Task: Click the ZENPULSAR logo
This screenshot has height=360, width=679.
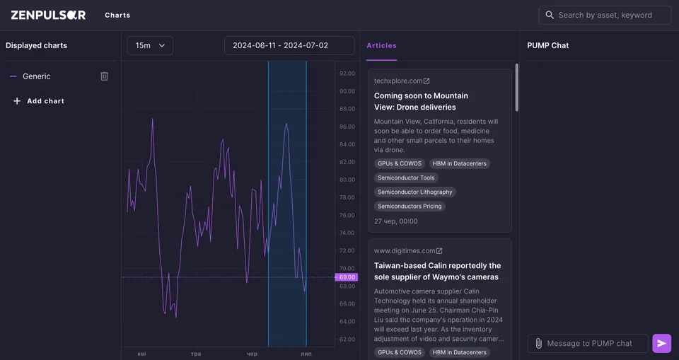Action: click(x=49, y=15)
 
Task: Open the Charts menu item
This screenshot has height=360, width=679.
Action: click(x=117, y=15)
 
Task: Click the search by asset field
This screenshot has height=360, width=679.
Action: click(x=605, y=15)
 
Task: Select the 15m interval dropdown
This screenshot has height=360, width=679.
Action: click(x=150, y=45)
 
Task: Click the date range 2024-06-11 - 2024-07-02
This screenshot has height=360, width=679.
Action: click(x=289, y=45)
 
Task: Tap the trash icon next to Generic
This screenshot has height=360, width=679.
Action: click(x=105, y=76)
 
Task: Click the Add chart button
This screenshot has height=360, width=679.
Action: click(x=39, y=101)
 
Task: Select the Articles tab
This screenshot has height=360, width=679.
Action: click(x=381, y=45)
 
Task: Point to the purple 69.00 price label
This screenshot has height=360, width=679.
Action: click(x=347, y=277)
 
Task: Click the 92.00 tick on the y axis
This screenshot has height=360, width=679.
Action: click(x=347, y=74)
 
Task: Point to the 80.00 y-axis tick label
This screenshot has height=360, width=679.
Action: click(x=347, y=180)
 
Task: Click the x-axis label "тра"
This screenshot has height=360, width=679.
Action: click(x=196, y=354)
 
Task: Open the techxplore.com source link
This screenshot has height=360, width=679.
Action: click(x=402, y=81)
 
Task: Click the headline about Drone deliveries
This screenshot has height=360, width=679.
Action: click(x=421, y=101)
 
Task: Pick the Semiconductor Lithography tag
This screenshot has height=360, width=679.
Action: click(x=415, y=192)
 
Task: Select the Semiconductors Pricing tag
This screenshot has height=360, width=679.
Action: click(x=410, y=207)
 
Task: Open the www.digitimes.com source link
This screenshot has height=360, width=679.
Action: click(x=408, y=251)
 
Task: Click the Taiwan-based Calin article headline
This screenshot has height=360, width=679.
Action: click(x=437, y=271)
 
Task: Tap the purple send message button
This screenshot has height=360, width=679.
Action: click(x=662, y=344)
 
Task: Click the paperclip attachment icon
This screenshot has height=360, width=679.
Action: click(x=538, y=344)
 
